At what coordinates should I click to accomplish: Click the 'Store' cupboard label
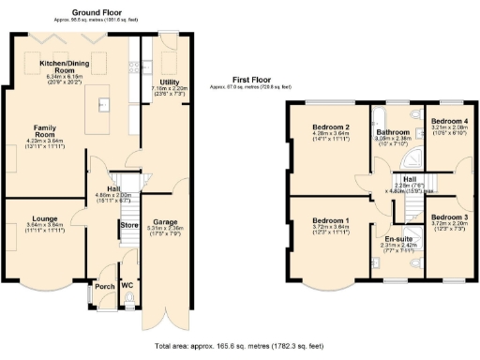click(x=128, y=224)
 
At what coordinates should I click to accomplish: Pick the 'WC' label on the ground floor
click(x=127, y=284)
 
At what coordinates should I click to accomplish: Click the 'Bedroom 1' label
click(x=332, y=220)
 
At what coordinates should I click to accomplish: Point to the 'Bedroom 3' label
click(x=453, y=217)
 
